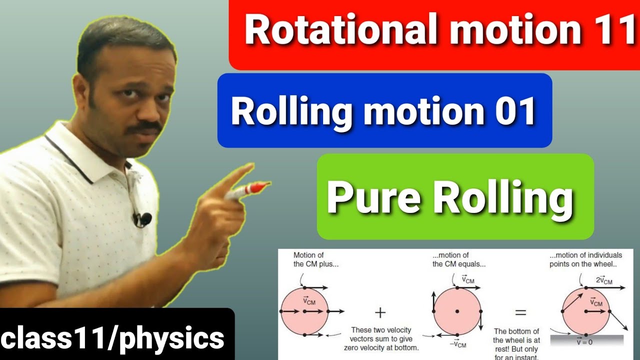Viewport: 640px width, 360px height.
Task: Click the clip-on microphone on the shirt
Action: [143, 219]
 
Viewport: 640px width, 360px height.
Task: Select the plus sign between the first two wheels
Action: [380, 312]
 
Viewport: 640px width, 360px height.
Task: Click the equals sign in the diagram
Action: [520, 312]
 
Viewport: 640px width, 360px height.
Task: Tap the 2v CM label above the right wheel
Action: [604, 280]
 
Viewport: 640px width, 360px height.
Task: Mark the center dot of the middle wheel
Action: [456, 311]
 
